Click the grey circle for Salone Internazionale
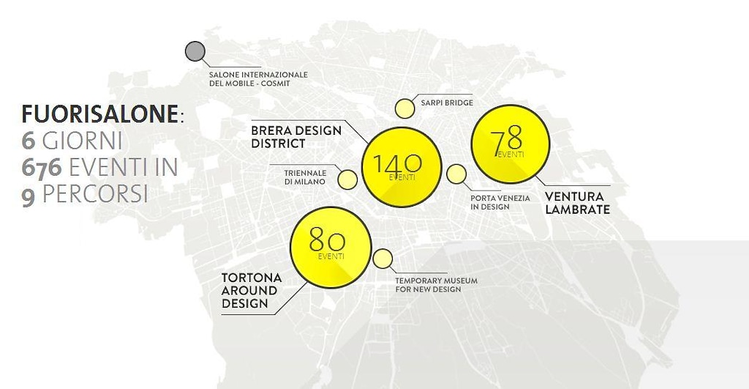195,52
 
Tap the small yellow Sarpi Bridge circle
404,109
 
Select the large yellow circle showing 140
403,167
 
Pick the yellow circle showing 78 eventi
510,144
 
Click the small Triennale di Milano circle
348,178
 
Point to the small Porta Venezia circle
456,174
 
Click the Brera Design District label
296,137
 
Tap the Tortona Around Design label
251,290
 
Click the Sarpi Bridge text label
446,103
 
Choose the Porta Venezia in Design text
500,202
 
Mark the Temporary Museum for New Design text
437,285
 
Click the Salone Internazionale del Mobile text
258,79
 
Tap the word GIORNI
82,141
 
